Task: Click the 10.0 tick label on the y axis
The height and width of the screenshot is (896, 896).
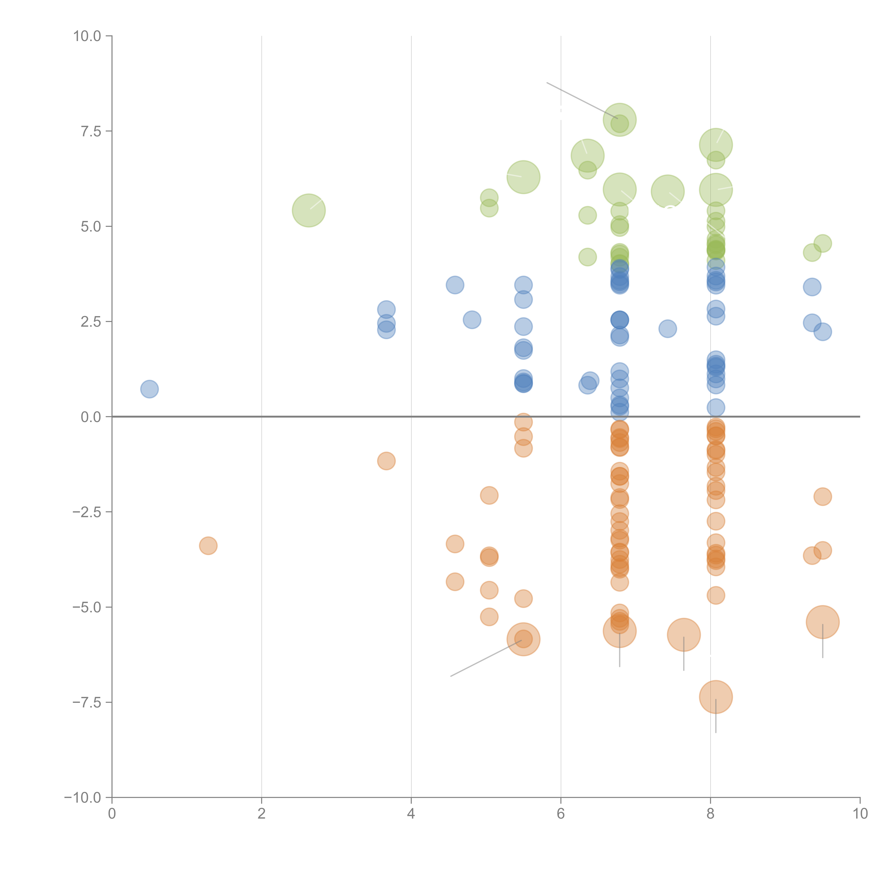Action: pyautogui.click(x=87, y=36)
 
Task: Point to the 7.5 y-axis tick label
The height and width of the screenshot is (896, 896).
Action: pyautogui.click(x=91, y=131)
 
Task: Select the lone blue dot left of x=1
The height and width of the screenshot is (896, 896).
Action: pyautogui.click(x=149, y=389)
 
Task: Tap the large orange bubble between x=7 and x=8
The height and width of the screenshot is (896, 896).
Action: pyautogui.click(x=684, y=635)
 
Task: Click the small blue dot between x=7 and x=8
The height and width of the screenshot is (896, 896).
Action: pyautogui.click(x=667, y=329)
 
